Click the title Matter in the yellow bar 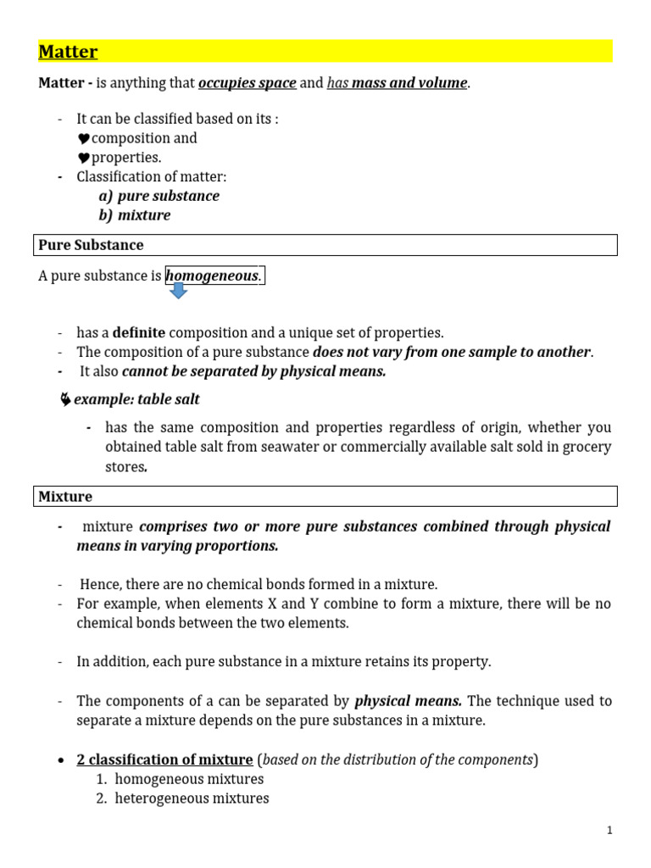click(68, 52)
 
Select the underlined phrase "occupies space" click(247, 83)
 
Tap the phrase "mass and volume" click(409, 83)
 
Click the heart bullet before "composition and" click(84, 139)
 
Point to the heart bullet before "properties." click(84, 159)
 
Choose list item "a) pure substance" click(159, 196)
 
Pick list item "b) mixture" click(134, 215)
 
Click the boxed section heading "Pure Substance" click(91, 245)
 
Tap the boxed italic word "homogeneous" click(212, 276)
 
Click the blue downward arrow click(179, 292)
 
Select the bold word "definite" click(139, 333)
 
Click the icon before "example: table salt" click(65, 399)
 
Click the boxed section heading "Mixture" click(65, 497)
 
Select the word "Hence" click(97, 584)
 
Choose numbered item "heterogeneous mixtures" click(192, 798)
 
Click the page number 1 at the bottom click(609, 831)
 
